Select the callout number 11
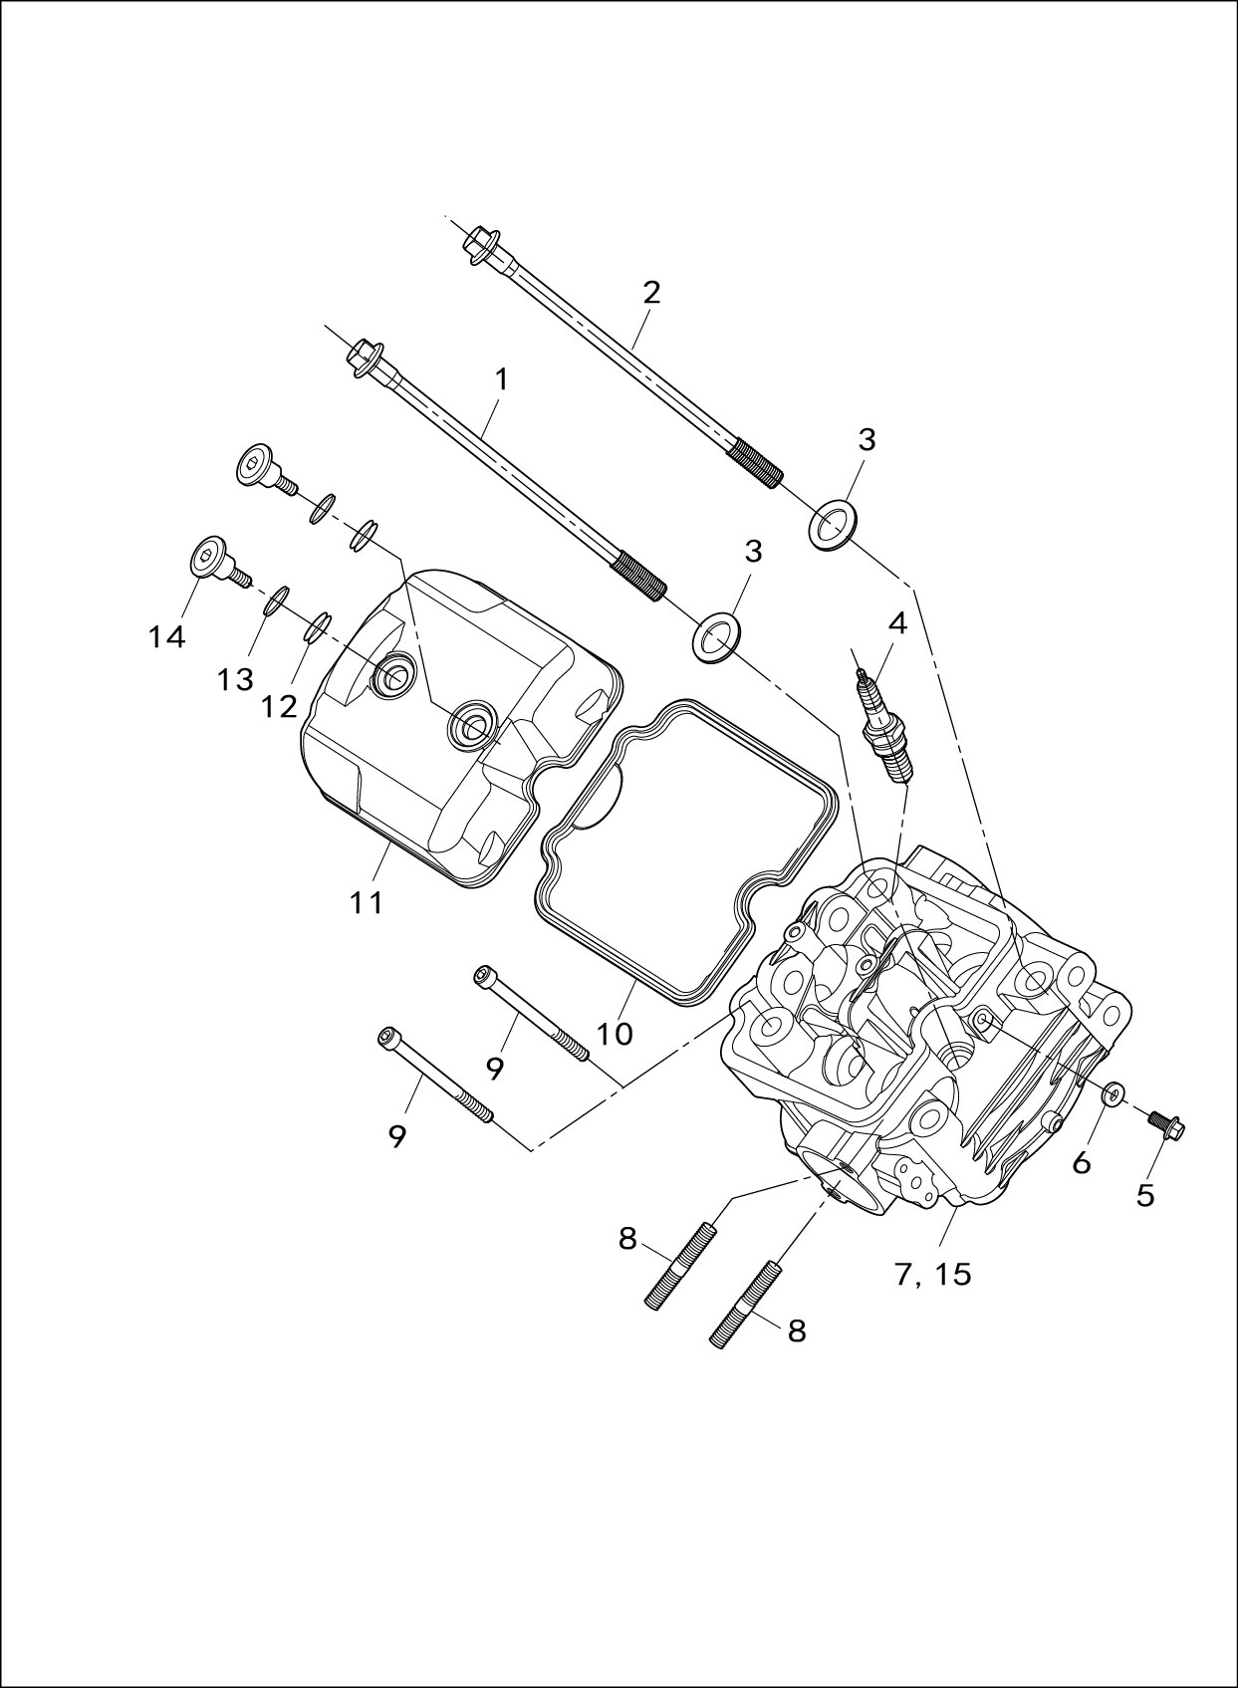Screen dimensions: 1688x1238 [367, 903]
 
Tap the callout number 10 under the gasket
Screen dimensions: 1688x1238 [615, 1034]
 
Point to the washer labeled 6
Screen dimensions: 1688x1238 [1114, 1093]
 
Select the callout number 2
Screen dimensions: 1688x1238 [651, 293]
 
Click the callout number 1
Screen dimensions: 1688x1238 [501, 379]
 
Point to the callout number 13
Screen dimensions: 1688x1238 [236, 680]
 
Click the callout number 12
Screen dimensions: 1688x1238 [280, 706]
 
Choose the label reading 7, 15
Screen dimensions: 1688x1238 [932, 1274]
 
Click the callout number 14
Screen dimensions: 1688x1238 [167, 637]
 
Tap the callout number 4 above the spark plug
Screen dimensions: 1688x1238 [897, 624]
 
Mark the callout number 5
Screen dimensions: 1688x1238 [1145, 1195]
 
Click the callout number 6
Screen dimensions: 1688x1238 [1082, 1162]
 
